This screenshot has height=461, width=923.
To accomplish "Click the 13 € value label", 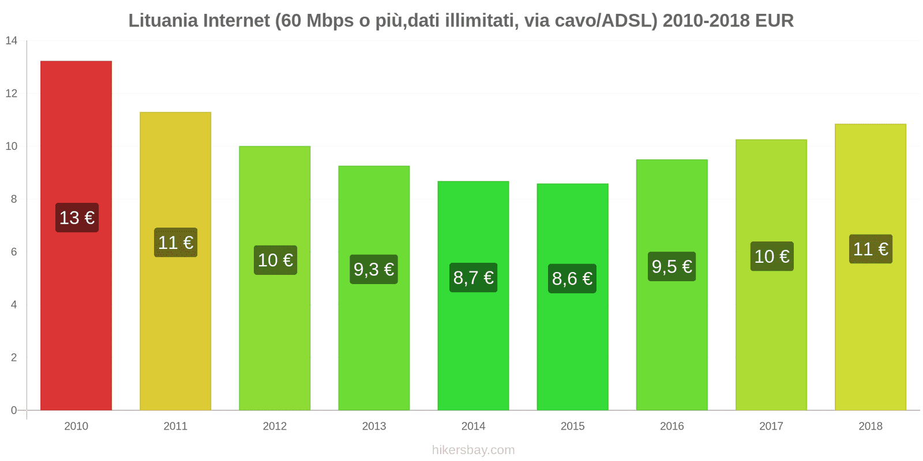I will coord(77,218).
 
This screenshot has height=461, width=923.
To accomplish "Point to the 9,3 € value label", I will coord(374,269).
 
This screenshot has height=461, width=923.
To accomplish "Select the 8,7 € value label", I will coord(473,278).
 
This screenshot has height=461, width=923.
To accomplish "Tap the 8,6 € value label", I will coord(572,279).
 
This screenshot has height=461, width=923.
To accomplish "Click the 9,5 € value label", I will coord(671,267).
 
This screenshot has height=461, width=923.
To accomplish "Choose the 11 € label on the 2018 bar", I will coord(871,249).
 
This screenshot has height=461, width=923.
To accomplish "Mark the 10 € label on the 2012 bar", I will coord(275,260).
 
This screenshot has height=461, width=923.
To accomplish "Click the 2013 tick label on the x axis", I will coord(374,426).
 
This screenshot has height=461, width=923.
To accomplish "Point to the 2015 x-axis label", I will coord(572,426).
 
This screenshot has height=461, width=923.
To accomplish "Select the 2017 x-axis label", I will coord(771,426).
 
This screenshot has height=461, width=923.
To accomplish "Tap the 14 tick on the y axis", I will coord(12,41).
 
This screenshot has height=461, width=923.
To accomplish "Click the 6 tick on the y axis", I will coord(14,252).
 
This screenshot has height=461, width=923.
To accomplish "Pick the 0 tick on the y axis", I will coord(14,410).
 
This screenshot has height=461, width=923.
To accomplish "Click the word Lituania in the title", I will coord(162,21).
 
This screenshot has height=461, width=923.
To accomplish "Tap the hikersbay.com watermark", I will coord(473,450).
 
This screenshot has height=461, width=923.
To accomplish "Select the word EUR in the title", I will coord(774,21).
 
